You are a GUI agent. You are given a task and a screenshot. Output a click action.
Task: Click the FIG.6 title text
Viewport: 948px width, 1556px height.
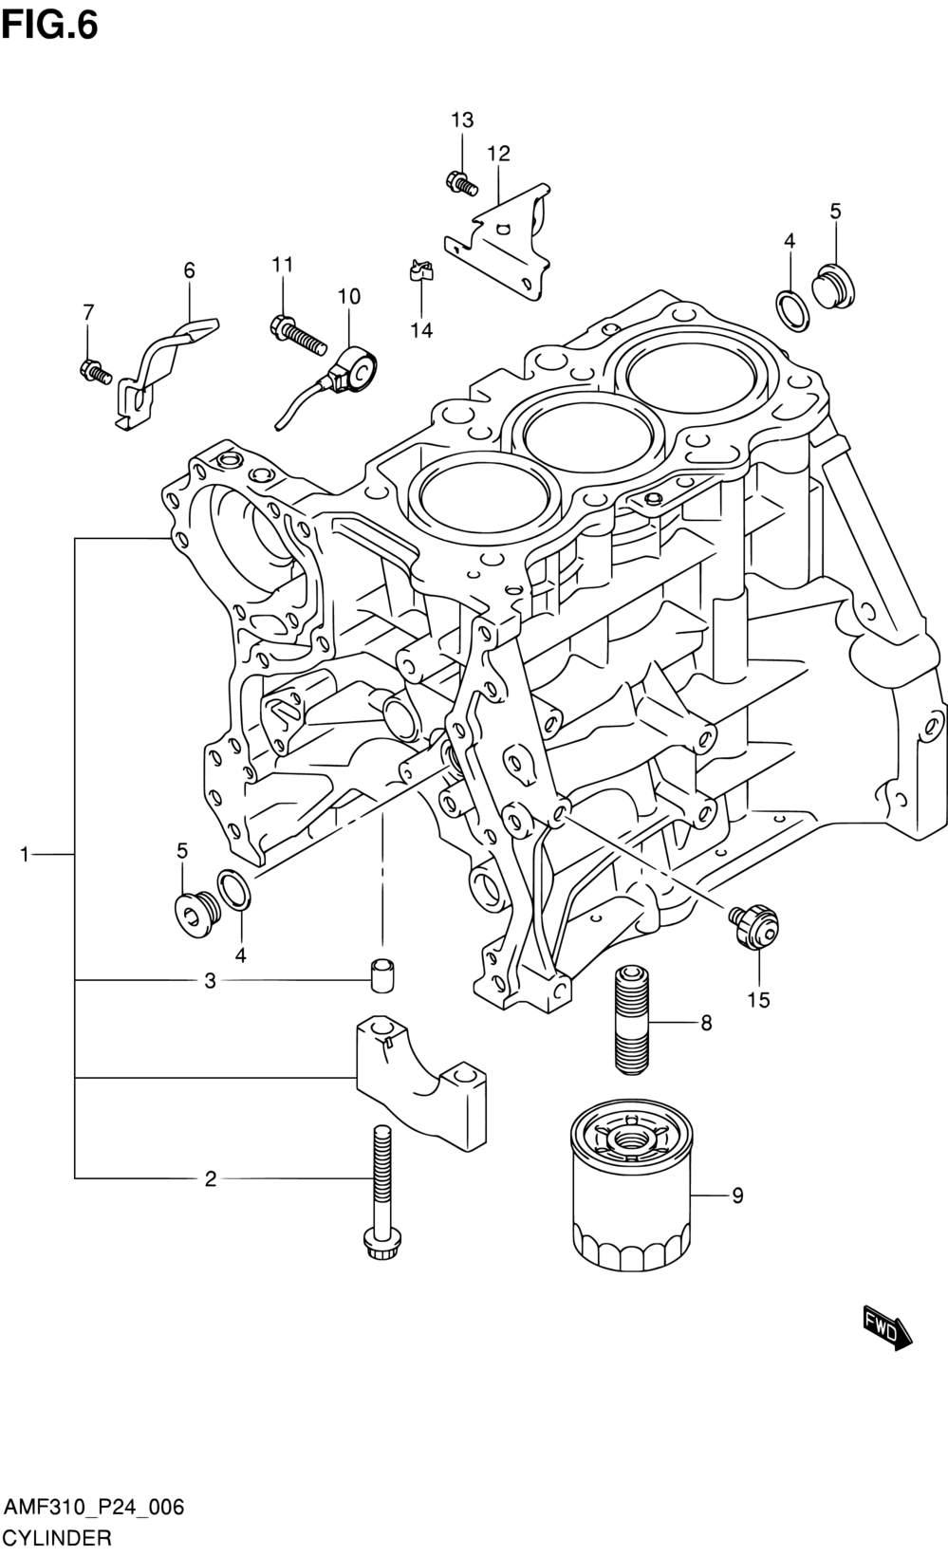coord(50,26)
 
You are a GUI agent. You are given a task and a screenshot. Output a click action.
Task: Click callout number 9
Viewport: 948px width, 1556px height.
coord(737,1195)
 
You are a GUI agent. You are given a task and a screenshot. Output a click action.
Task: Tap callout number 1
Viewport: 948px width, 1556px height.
coord(25,854)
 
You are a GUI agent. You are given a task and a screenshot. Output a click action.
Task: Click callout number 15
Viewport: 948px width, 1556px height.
coord(758,1000)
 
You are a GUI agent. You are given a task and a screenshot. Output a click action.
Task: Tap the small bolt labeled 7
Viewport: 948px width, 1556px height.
coord(95,372)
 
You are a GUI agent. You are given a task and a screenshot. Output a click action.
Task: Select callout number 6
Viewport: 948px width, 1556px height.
coord(189,270)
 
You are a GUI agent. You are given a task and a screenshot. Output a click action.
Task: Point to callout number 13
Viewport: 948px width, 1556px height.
coord(462,120)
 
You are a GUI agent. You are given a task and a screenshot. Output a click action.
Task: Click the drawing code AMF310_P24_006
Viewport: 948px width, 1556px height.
coord(94,1508)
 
